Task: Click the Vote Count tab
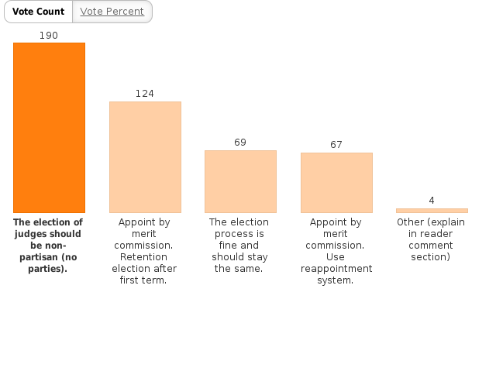point(38,12)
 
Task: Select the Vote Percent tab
point(112,12)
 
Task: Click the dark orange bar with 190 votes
point(49,128)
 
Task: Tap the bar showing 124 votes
point(145,157)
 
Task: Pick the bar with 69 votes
point(240,181)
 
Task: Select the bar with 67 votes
point(336,183)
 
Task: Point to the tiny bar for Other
point(432,211)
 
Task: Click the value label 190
point(49,36)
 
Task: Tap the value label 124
point(145,94)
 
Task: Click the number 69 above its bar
point(240,143)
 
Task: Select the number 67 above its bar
point(336,145)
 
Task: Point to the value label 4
point(432,201)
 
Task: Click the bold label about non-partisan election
point(49,246)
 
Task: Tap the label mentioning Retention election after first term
point(145,251)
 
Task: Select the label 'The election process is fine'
point(240,246)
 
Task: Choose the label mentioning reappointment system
point(336,251)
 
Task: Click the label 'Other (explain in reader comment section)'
point(432,239)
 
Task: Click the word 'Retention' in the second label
point(145,257)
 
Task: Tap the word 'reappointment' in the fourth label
point(336,269)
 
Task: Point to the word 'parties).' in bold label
point(49,270)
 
